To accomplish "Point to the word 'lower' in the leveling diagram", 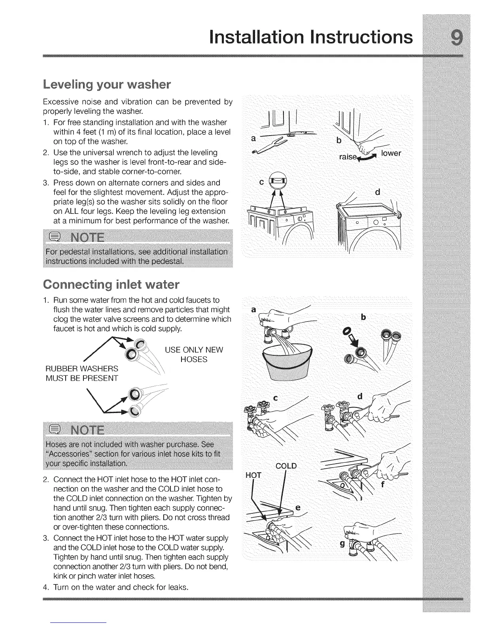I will [391, 153].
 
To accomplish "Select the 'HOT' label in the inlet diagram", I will [253, 475].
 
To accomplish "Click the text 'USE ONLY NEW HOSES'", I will [194, 354].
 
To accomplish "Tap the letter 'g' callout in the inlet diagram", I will [342, 545].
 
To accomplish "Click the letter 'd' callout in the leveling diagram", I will [377, 192].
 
